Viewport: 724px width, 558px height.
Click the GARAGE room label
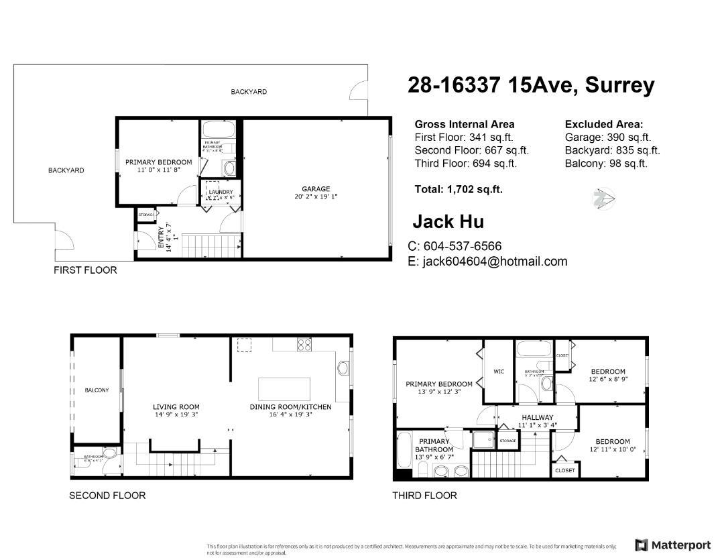[315, 189]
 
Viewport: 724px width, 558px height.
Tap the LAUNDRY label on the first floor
[221, 192]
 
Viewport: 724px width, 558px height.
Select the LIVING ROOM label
[176, 407]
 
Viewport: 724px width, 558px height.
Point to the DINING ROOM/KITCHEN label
[290, 407]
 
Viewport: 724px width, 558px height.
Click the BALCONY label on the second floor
[97, 390]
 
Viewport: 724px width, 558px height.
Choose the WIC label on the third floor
[498, 372]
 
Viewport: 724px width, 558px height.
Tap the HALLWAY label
[536, 418]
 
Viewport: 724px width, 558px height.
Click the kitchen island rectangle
[285, 388]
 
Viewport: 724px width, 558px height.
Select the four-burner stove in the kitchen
[304, 345]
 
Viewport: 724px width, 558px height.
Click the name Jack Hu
[448, 221]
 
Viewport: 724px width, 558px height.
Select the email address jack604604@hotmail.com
[487, 262]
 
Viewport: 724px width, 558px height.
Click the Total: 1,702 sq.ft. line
[459, 190]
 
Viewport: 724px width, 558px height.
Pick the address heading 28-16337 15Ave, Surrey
[531, 85]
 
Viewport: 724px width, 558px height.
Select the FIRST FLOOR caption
[85, 270]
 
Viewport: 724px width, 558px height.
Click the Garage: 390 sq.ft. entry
[607, 137]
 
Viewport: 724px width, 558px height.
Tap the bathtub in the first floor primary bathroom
[218, 129]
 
